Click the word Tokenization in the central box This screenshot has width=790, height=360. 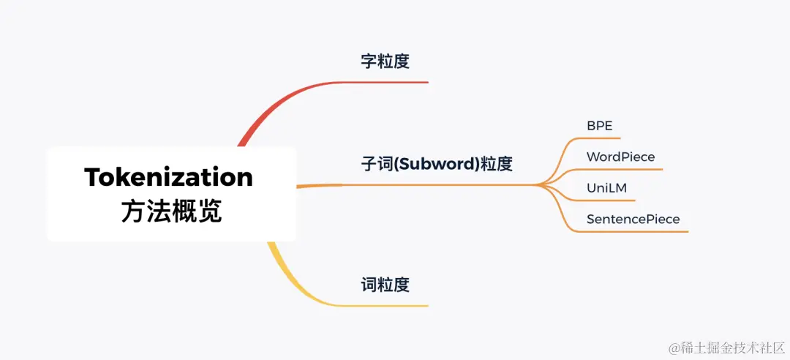168,177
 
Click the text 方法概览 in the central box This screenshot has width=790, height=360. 171,211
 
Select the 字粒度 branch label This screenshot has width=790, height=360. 385,61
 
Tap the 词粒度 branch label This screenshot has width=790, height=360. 385,285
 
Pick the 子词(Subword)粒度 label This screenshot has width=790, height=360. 437,164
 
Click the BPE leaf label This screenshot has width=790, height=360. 599,125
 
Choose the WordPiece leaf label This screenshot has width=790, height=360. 620,157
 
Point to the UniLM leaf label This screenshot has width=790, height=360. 606,188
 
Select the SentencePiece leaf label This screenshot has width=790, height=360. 633,219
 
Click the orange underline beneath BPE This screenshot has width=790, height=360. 603,138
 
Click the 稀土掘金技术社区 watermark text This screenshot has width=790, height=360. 739,346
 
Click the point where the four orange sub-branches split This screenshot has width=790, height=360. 540,185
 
